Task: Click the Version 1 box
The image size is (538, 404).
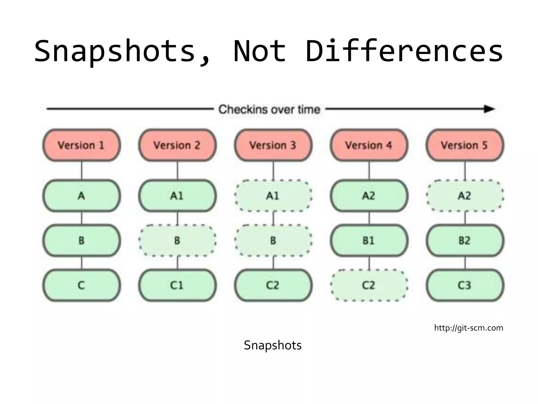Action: (81, 145)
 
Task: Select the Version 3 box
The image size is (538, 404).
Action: (273, 145)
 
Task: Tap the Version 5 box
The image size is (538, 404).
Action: (465, 145)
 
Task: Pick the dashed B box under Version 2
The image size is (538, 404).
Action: (177, 240)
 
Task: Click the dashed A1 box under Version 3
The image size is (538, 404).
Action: (273, 196)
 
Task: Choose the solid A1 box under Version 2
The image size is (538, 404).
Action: (177, 196)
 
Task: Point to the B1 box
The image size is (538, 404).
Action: (369, 240)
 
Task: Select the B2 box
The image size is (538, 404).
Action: (465, 240)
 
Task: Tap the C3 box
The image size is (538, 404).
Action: (465, 285)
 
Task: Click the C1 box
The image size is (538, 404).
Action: (177, 285)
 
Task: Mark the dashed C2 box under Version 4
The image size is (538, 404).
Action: (369, 285)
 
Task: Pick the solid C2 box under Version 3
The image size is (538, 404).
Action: (273, 285)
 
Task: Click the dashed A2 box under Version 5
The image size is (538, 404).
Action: (465, 196)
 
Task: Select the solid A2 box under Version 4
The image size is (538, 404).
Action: (369, 196)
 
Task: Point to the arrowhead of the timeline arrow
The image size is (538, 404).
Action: (489, 109)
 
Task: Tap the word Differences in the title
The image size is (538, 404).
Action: (404, 51)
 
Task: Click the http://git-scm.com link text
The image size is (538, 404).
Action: (469, 328)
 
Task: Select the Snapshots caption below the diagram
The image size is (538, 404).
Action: (273, 345)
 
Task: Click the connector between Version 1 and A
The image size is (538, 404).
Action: (81, 170)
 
